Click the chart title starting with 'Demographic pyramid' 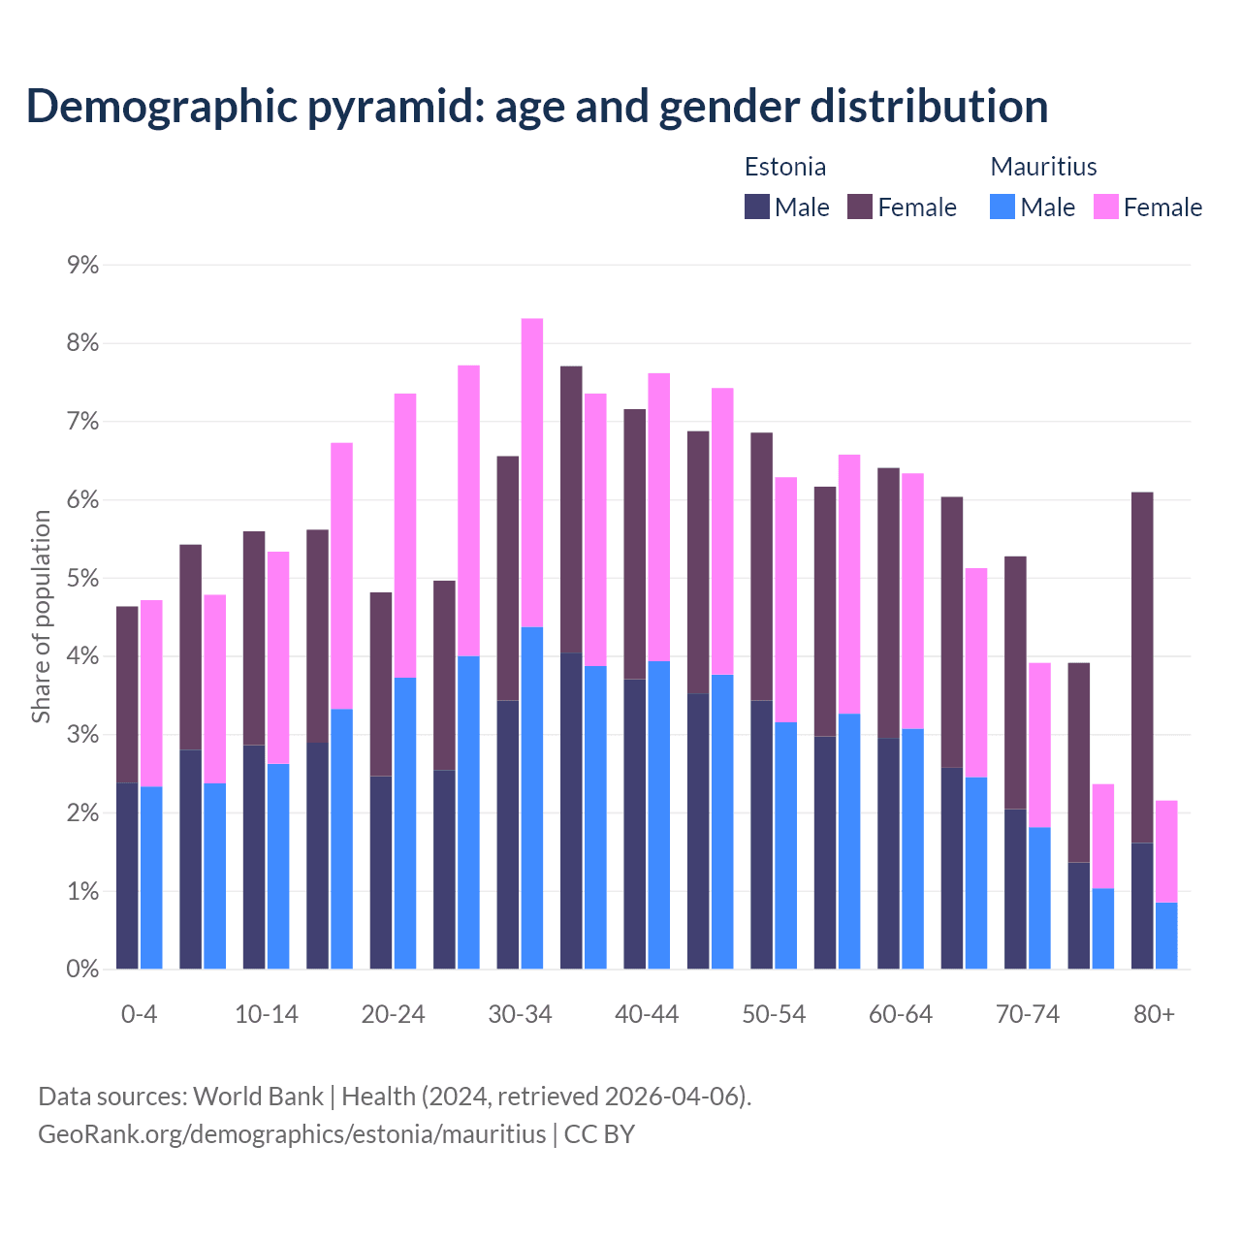(537, 106)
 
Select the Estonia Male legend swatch (757, 207)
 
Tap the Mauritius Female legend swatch (1106, 207)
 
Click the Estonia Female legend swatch (860, 207)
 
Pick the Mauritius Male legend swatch (1002, 207)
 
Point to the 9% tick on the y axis (82, 265)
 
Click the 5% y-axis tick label (82, 579)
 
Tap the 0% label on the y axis (82, 970)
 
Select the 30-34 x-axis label (520, 1015)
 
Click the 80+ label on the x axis (1154, 1015)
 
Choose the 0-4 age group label (139, 1015)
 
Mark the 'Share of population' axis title (41, 617)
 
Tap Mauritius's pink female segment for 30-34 (532, 472)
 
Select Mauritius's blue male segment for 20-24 (405, 823)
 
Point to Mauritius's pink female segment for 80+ (1166, 851)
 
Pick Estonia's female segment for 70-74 (1015, 683)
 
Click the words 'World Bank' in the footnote (258, 1097)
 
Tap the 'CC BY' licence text (599, 1134)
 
